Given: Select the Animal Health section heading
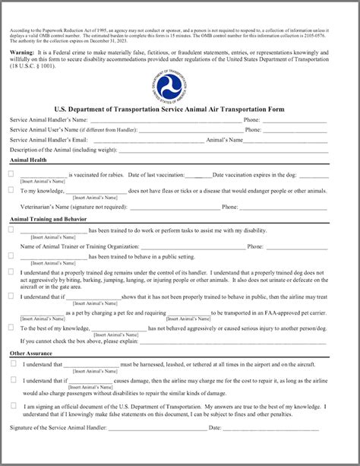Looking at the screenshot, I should coord(28,160).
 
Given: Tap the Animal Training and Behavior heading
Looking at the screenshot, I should coord(48,219).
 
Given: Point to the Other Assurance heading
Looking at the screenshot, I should coord(31,353).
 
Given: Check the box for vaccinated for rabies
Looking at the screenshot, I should coord(11,174).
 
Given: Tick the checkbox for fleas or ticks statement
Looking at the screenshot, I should coord(11,190).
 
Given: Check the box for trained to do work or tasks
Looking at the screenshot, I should coord(11,230).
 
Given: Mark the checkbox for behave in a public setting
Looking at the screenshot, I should coord(11,255).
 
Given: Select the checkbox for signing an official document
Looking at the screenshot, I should coord(14,405).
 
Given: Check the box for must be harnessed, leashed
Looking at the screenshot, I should coord(14,363).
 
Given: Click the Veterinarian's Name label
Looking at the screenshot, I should coord(51,206).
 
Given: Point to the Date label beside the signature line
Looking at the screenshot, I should coord(215,429).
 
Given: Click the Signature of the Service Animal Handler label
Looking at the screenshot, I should coord(58,429).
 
